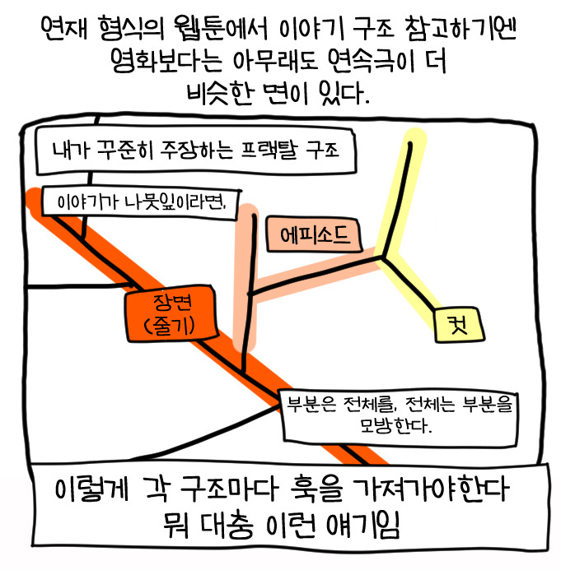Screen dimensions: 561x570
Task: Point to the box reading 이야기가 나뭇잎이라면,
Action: pyautogui.click(x=144, y=202)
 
